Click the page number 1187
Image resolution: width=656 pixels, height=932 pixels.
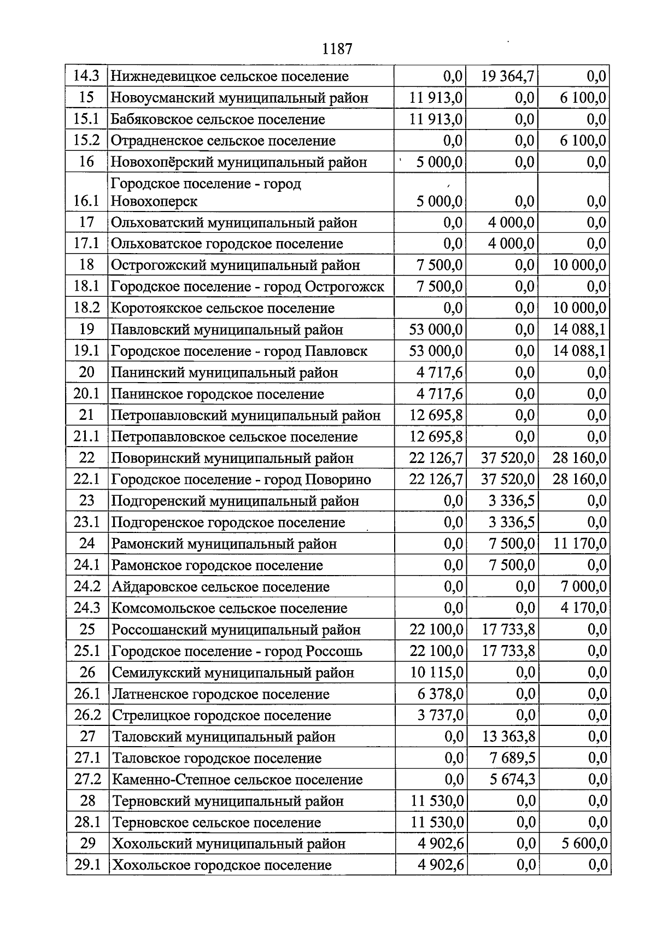(x=337, y=49)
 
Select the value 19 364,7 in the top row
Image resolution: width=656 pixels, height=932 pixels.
(x=507, y=76)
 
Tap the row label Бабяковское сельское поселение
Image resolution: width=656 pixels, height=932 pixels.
(x=218, y=119)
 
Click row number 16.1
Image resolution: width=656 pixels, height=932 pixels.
(x=86, y=201)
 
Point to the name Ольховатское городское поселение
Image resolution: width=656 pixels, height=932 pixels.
(x=227, y=244)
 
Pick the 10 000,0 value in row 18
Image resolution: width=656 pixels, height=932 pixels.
(x=579, y=265)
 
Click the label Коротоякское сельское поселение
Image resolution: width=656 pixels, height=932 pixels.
(x=222, y=308)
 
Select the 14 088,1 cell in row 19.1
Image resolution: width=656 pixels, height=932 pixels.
(x=579, y=351)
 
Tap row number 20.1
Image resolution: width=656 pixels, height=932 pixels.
(x=86, y=394)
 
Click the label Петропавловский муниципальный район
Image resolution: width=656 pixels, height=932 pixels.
(x=245, y=415)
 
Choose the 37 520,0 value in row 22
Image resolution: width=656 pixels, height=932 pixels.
(x=507, y=458)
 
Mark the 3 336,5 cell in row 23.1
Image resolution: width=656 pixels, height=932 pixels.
(x=512, y=523)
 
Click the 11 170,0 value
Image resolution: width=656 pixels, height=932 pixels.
(x=579, y=544)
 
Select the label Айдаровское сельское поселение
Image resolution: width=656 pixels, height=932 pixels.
(x=221, y=587)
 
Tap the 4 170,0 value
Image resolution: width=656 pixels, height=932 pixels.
(x=583, y=608)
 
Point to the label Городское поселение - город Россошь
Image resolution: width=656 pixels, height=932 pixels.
(x=237, y=652)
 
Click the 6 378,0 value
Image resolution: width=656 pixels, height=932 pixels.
(x=441, y=694)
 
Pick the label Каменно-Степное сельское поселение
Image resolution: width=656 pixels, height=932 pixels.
(x=237, y=780)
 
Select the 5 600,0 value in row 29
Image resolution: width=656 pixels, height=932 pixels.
(x=584, y=844)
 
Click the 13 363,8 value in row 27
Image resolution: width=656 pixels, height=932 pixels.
(x=508, y=737)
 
